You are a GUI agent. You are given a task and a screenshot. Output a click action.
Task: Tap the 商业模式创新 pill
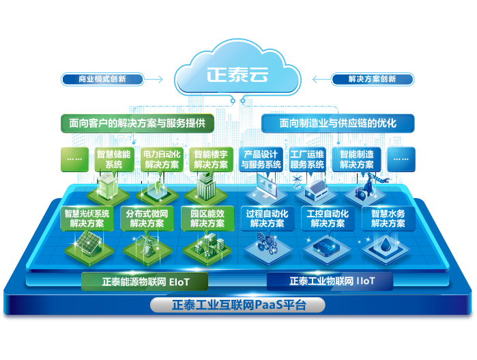(102, 79)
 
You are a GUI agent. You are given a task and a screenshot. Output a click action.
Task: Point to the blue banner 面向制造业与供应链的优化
(338, 124)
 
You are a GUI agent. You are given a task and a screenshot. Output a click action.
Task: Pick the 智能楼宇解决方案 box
(211, 159)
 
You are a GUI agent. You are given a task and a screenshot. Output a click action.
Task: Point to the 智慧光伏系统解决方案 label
(87, 219)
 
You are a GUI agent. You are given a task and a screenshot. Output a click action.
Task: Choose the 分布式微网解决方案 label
(147, 219)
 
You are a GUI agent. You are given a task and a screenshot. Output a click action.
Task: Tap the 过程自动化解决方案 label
(268, 219)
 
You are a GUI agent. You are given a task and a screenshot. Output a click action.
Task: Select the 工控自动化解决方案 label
(328, 219)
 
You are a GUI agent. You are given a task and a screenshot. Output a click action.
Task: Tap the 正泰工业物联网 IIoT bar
(332, 281)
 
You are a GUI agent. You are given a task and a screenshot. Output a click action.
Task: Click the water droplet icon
(387, 246)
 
